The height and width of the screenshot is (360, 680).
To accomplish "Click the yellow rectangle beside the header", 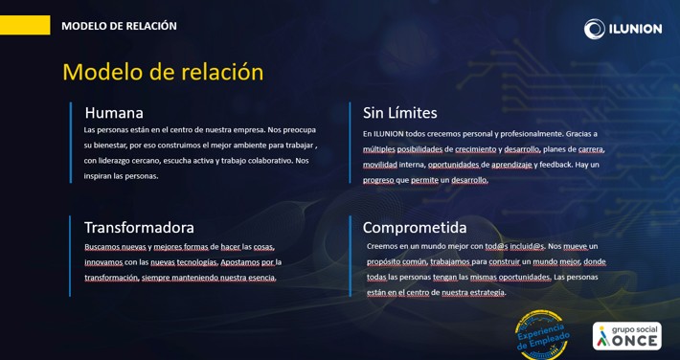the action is (x=25, y=25).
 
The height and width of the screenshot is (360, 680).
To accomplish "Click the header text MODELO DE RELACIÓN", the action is (x=120, y=26).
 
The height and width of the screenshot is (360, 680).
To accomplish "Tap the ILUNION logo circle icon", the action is (x=594, y=29).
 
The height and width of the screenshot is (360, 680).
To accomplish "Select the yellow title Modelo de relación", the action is (x=163, y=72).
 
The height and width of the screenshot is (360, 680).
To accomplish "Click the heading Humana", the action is (x=114, y=113).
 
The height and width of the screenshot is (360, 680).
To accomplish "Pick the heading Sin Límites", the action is (x=399, y=113).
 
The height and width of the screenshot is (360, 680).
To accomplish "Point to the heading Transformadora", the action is (x=139, y=227).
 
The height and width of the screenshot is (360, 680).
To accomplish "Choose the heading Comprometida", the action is (x=415, y=228).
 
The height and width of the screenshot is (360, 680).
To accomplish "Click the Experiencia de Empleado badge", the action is (x=542, y=335).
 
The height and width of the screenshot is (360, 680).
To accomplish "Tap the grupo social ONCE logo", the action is (x=627, y=336).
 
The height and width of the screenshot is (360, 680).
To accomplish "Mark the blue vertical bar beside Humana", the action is (x=71, y=143).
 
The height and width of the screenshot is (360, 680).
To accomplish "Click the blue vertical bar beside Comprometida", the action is (x=350, y=256).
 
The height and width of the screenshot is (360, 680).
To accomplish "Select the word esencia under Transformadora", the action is (x=261, y=278).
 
